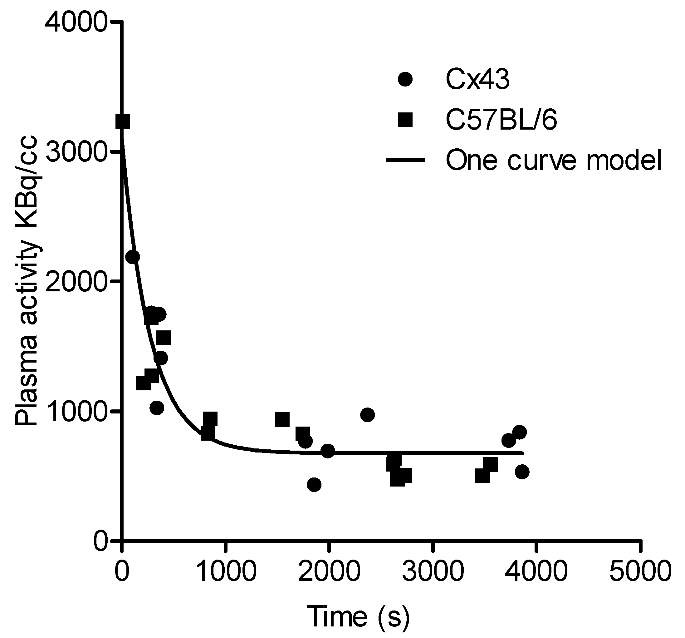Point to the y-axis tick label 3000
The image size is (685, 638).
point(75,152)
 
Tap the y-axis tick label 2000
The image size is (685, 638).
point(75,282)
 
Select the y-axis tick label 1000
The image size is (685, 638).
point(75,411)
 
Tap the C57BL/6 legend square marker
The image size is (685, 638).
point(405,120)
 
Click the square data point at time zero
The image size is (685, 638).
point(123,121)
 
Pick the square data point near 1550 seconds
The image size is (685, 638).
point(282,419)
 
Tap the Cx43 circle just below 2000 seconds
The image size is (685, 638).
point(328,451)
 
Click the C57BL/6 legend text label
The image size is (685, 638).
point(502,120)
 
